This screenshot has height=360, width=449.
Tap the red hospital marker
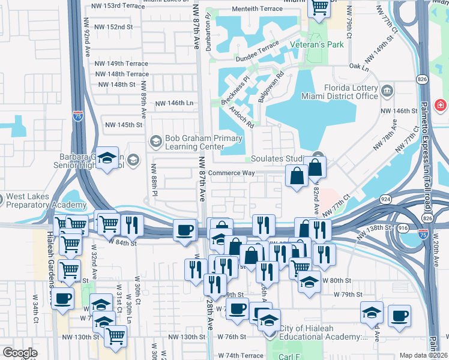point(441,106)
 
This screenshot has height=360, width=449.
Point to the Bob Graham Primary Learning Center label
point(196,143)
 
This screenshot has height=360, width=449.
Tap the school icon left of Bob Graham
point(155,142)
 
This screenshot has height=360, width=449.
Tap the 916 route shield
point(403,229)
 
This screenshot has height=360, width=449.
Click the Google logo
point(20,352)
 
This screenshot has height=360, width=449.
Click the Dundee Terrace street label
point(259,50)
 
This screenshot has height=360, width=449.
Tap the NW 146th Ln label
point(175,103)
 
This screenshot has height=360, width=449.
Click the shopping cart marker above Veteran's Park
point(319,7)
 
